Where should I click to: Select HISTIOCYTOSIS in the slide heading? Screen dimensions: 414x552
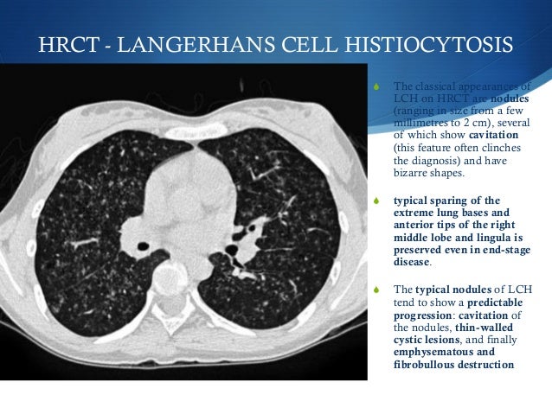[x=382, y=46]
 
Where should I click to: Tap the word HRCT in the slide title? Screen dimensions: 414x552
[x=67, y=46]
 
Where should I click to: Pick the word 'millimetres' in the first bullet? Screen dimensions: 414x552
[x=420, y=123]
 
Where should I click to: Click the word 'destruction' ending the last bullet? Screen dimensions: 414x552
[x=489, y=365]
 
